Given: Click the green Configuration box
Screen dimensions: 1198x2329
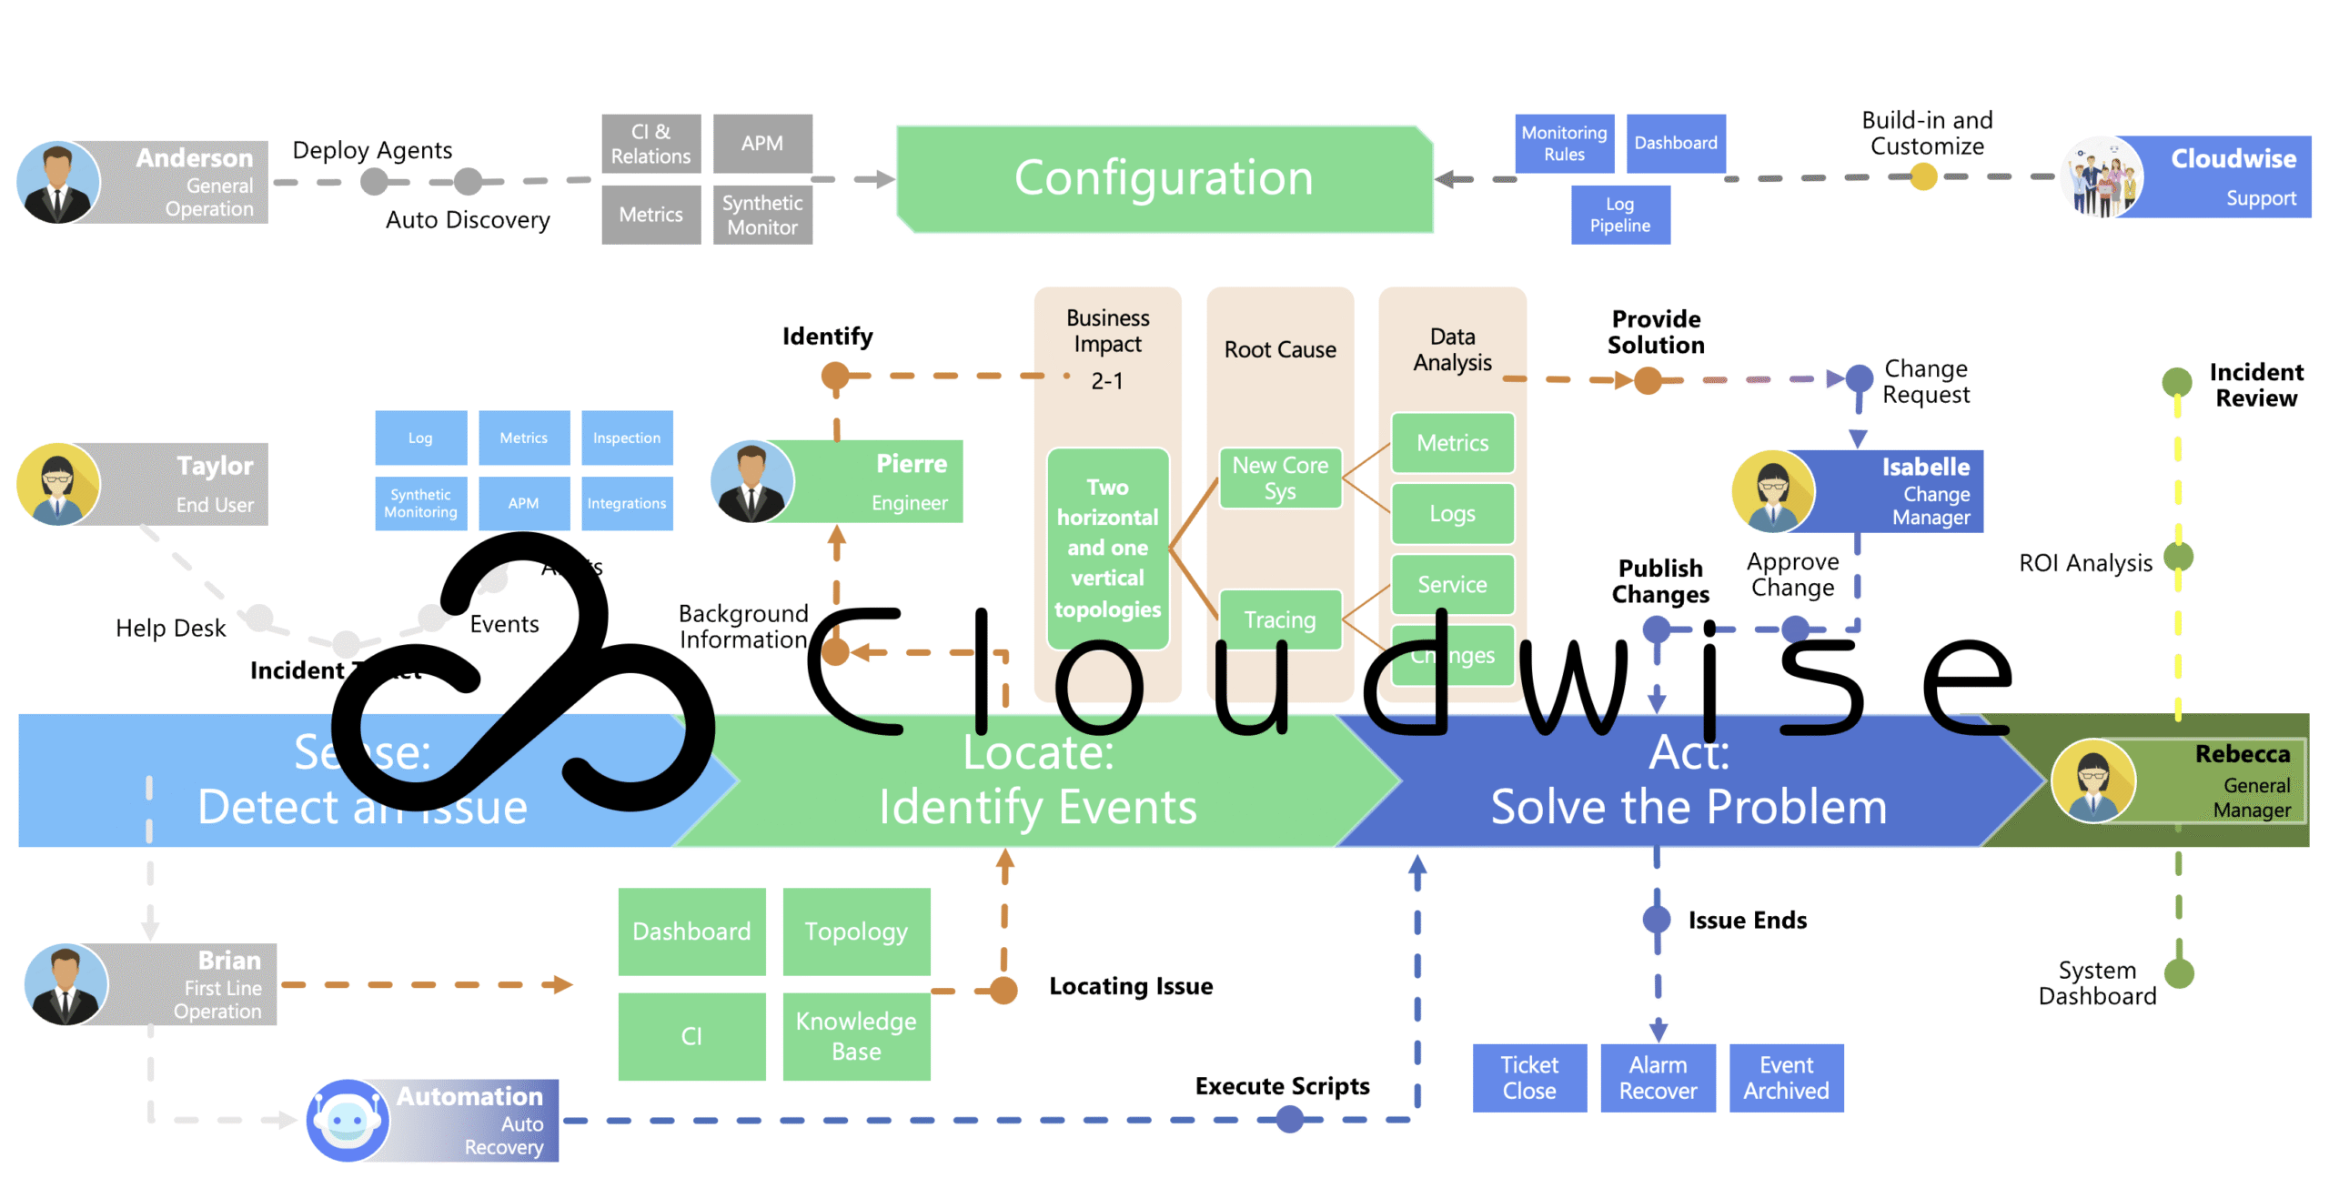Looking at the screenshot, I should (1163, 178).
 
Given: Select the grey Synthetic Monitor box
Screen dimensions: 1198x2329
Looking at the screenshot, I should (761, 215).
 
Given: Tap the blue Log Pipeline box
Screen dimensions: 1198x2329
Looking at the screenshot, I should (1619, 215).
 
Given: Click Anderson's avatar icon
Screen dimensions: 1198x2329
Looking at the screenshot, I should (58, 182).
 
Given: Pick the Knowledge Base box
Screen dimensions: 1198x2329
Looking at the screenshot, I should (855, 1035).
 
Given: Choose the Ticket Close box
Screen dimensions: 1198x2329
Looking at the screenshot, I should (1528, 1077).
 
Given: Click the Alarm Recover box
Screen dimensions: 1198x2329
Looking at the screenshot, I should (1657, 1077).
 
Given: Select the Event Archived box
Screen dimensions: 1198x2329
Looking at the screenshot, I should (1785, 1077).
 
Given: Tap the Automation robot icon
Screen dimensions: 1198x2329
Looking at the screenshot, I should (348, 1120).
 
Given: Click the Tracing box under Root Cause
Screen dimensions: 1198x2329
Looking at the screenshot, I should (1279, 619).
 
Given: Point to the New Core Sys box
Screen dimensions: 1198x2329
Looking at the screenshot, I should (1279, 478).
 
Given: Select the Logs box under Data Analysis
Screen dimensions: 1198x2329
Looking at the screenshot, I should (1452, 514).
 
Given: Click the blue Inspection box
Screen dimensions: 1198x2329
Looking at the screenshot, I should (626, 438).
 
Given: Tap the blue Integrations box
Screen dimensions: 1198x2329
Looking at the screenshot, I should (626, 503).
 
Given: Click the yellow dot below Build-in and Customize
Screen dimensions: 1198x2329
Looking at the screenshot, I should (1922, 176).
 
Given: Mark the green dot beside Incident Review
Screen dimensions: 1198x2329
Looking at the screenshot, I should (2176, 381).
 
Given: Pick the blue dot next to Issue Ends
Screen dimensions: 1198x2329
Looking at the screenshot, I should (1656, 920).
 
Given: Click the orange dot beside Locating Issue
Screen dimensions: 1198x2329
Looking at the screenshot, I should (1003, 990).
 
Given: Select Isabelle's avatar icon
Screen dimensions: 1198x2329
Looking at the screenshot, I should (1772, 491).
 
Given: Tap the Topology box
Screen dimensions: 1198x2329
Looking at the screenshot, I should (855, 931).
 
